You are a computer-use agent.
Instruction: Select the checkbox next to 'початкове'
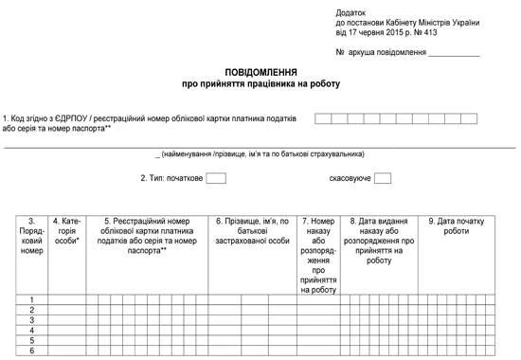[x=216, y=177]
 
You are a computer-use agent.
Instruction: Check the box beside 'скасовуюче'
[x=383, y=177]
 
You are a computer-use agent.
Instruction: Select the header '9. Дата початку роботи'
[x=456, y=225]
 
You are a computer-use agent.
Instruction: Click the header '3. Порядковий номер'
[x=31, y=236]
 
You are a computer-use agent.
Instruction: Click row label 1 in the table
[x=31, y=299]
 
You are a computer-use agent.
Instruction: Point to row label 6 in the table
[x=31, y=351]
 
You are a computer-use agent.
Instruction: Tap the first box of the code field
[x=323, y=118]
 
